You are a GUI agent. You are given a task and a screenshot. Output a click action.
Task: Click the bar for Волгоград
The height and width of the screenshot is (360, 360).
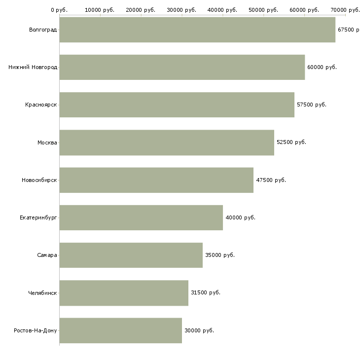[x=197, y=30]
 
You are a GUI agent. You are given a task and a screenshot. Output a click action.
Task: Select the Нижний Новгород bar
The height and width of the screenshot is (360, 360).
[x=182, y=67]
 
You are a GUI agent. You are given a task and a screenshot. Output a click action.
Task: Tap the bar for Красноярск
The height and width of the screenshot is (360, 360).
[x=177, y=105]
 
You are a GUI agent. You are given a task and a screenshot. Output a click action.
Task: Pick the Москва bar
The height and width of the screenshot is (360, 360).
[x=167, y=143]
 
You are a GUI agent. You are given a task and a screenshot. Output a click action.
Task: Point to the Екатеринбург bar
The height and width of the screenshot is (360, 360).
[x=141, y=217]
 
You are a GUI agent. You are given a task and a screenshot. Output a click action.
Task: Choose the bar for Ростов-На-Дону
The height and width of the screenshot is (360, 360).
[x=121, y=330]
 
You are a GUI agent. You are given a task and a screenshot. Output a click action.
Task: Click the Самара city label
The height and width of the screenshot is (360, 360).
[x=47, y=255]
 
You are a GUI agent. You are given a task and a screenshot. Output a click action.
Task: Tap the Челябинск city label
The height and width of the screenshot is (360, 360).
[x=42, y=293]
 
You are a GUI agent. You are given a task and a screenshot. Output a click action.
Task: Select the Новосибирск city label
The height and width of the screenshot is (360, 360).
[x=39, y=180]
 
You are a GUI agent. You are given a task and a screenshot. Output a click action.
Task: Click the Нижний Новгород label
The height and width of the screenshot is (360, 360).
[x=33, y=67]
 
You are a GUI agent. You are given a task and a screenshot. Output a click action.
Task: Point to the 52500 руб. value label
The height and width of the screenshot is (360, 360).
[x=291, y=142]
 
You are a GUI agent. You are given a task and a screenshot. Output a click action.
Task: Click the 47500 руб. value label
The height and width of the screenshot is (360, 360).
[x=271, y=180]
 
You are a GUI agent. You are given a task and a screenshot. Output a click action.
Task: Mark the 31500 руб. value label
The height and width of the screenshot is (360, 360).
[x=206, y=292]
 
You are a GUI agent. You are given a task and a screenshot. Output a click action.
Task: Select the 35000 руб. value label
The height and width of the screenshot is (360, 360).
[x=220, y=255]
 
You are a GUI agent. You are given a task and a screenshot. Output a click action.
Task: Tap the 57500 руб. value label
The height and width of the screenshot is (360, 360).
[x=312, y=105]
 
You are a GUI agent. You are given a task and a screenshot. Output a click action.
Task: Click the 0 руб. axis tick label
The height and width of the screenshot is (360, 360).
[x=59, y=10]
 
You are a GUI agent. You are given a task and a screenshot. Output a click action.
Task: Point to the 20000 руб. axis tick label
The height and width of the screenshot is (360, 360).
[x=141, y=10]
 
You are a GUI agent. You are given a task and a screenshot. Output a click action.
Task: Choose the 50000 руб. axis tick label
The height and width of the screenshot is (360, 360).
[x=263, y=10]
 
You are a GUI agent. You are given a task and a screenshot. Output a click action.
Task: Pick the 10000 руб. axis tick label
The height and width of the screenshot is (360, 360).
[x=100, y=10]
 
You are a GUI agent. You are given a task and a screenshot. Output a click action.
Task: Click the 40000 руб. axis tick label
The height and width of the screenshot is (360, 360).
[x=222, y=10]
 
